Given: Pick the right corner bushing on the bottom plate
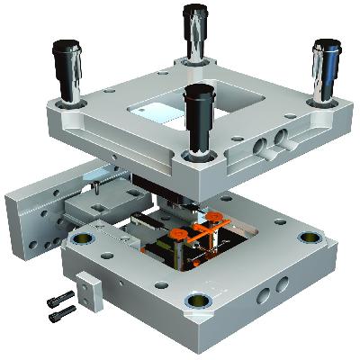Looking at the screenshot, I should pos(309,238).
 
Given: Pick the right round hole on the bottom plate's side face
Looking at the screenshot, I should pos(284,285).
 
